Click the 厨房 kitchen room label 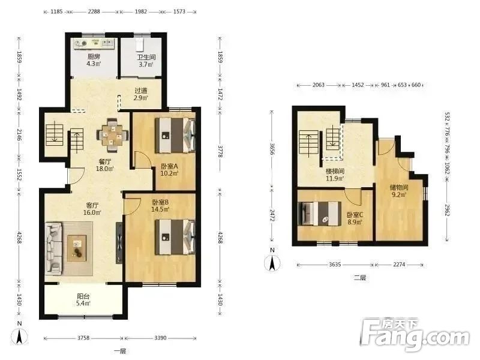(94, 56)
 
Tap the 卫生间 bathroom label (146, 57)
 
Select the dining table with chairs (112, 135)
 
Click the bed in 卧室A (175, 136)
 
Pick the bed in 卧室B (175, 236)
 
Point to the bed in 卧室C (320, 214)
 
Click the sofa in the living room (53, 248)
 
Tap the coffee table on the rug (77, 248)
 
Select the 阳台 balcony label (83, 296)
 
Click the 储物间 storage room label (398, 187)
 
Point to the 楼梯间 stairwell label (335, 172)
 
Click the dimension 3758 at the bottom (83, 338)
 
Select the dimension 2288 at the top (94, 11)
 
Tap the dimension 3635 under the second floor (335, 264)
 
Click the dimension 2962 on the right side (447, 210)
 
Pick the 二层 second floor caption (360, 278)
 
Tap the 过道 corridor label (141, 91)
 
